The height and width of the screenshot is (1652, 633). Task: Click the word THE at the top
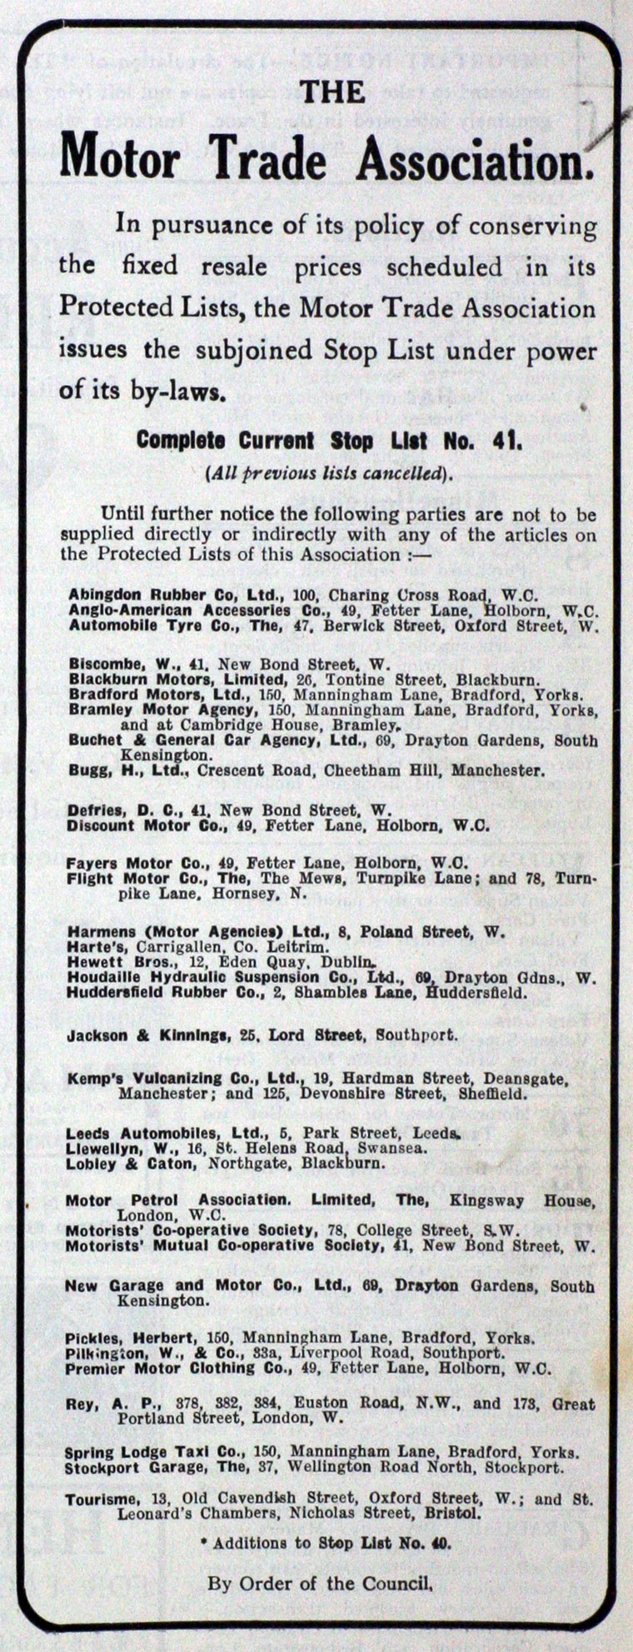tap(331, 92)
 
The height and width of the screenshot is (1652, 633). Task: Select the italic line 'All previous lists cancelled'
tap(330, 472)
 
